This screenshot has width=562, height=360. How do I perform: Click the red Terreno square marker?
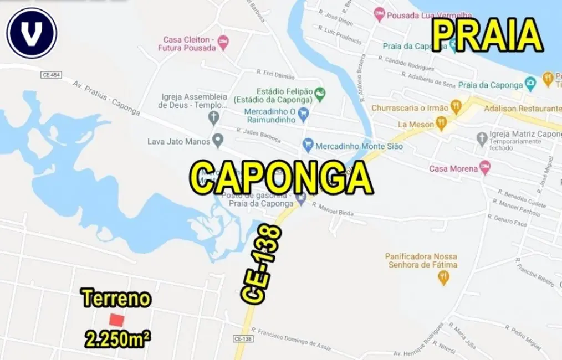pos(116,320)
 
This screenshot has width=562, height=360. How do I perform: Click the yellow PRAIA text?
pos(487,35)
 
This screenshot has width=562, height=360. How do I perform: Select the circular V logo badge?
pos(32,33)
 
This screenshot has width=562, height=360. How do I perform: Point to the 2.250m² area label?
pos(118,338)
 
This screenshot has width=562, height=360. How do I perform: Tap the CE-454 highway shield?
pos(50,74)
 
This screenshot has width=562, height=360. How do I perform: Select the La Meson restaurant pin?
pos(441,124)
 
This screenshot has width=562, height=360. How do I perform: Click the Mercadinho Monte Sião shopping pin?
pos(308,146)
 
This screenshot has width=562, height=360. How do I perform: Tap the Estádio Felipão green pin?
pos(320,92)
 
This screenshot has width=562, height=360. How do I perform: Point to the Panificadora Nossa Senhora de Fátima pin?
pos(443,277)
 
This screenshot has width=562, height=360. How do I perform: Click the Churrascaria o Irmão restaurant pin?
pos(456,107)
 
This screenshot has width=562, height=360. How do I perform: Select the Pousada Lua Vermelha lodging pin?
pos(379,14)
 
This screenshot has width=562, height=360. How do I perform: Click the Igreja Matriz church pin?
pos(482,137)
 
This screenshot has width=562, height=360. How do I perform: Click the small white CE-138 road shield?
pos(243,338)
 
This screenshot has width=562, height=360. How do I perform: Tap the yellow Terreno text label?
pos(116,299)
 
